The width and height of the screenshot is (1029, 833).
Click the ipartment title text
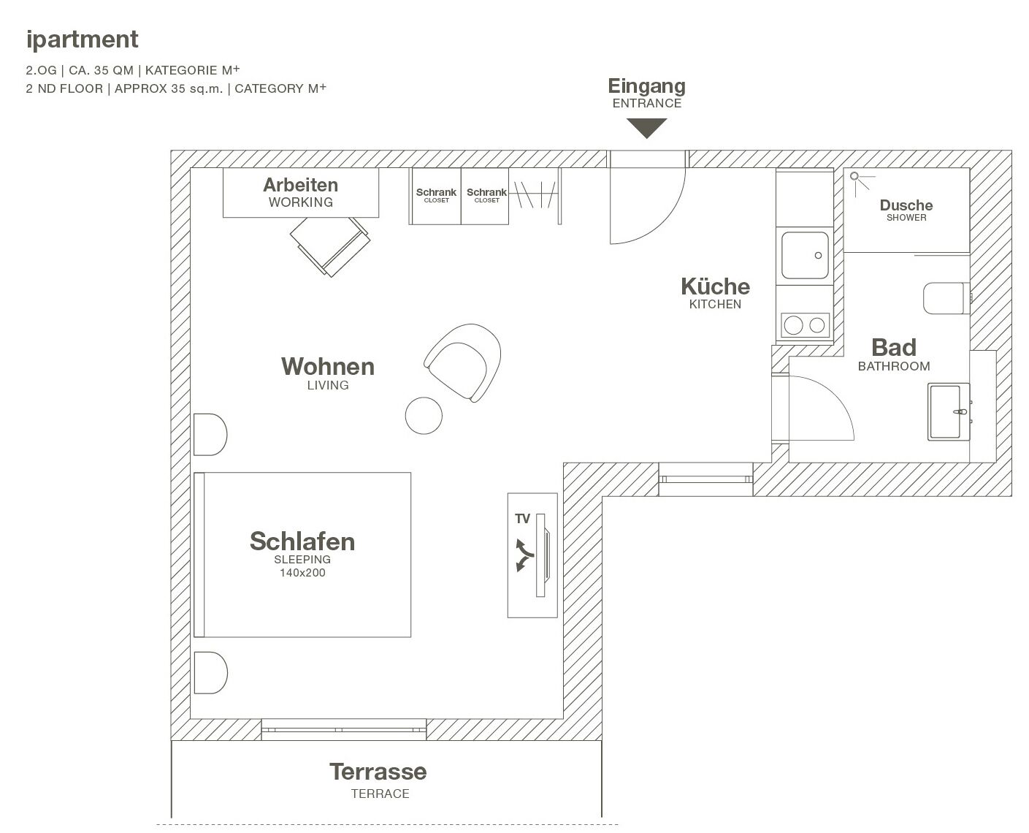click(82, 39)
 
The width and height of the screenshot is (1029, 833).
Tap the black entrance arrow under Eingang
click(646, 128)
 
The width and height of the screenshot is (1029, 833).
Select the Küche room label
click(715, 286)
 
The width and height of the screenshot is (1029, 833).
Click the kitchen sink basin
click(805, 256)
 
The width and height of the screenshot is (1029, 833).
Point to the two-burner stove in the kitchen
click(805, 324)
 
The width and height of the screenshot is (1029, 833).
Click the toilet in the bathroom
click(946, 298)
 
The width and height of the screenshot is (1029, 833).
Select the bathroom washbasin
click(949, 411)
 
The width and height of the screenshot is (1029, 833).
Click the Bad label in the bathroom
click(893, 348)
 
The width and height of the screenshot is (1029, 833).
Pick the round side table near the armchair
click(424, 415)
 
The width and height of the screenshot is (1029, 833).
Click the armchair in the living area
click(464, 360)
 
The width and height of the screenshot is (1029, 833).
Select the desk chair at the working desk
click(330, 245)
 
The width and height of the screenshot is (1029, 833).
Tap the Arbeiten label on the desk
click(300, 185)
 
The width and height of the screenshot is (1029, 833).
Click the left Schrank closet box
click(435, 196)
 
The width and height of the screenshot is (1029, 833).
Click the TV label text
click(522, 519)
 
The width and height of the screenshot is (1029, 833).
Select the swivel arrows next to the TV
click(524, 555)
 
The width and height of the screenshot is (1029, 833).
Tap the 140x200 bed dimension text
click(302, 573)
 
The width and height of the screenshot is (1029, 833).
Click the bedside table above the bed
click(210, 435)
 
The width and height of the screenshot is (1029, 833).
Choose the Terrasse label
click(378, 772)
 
